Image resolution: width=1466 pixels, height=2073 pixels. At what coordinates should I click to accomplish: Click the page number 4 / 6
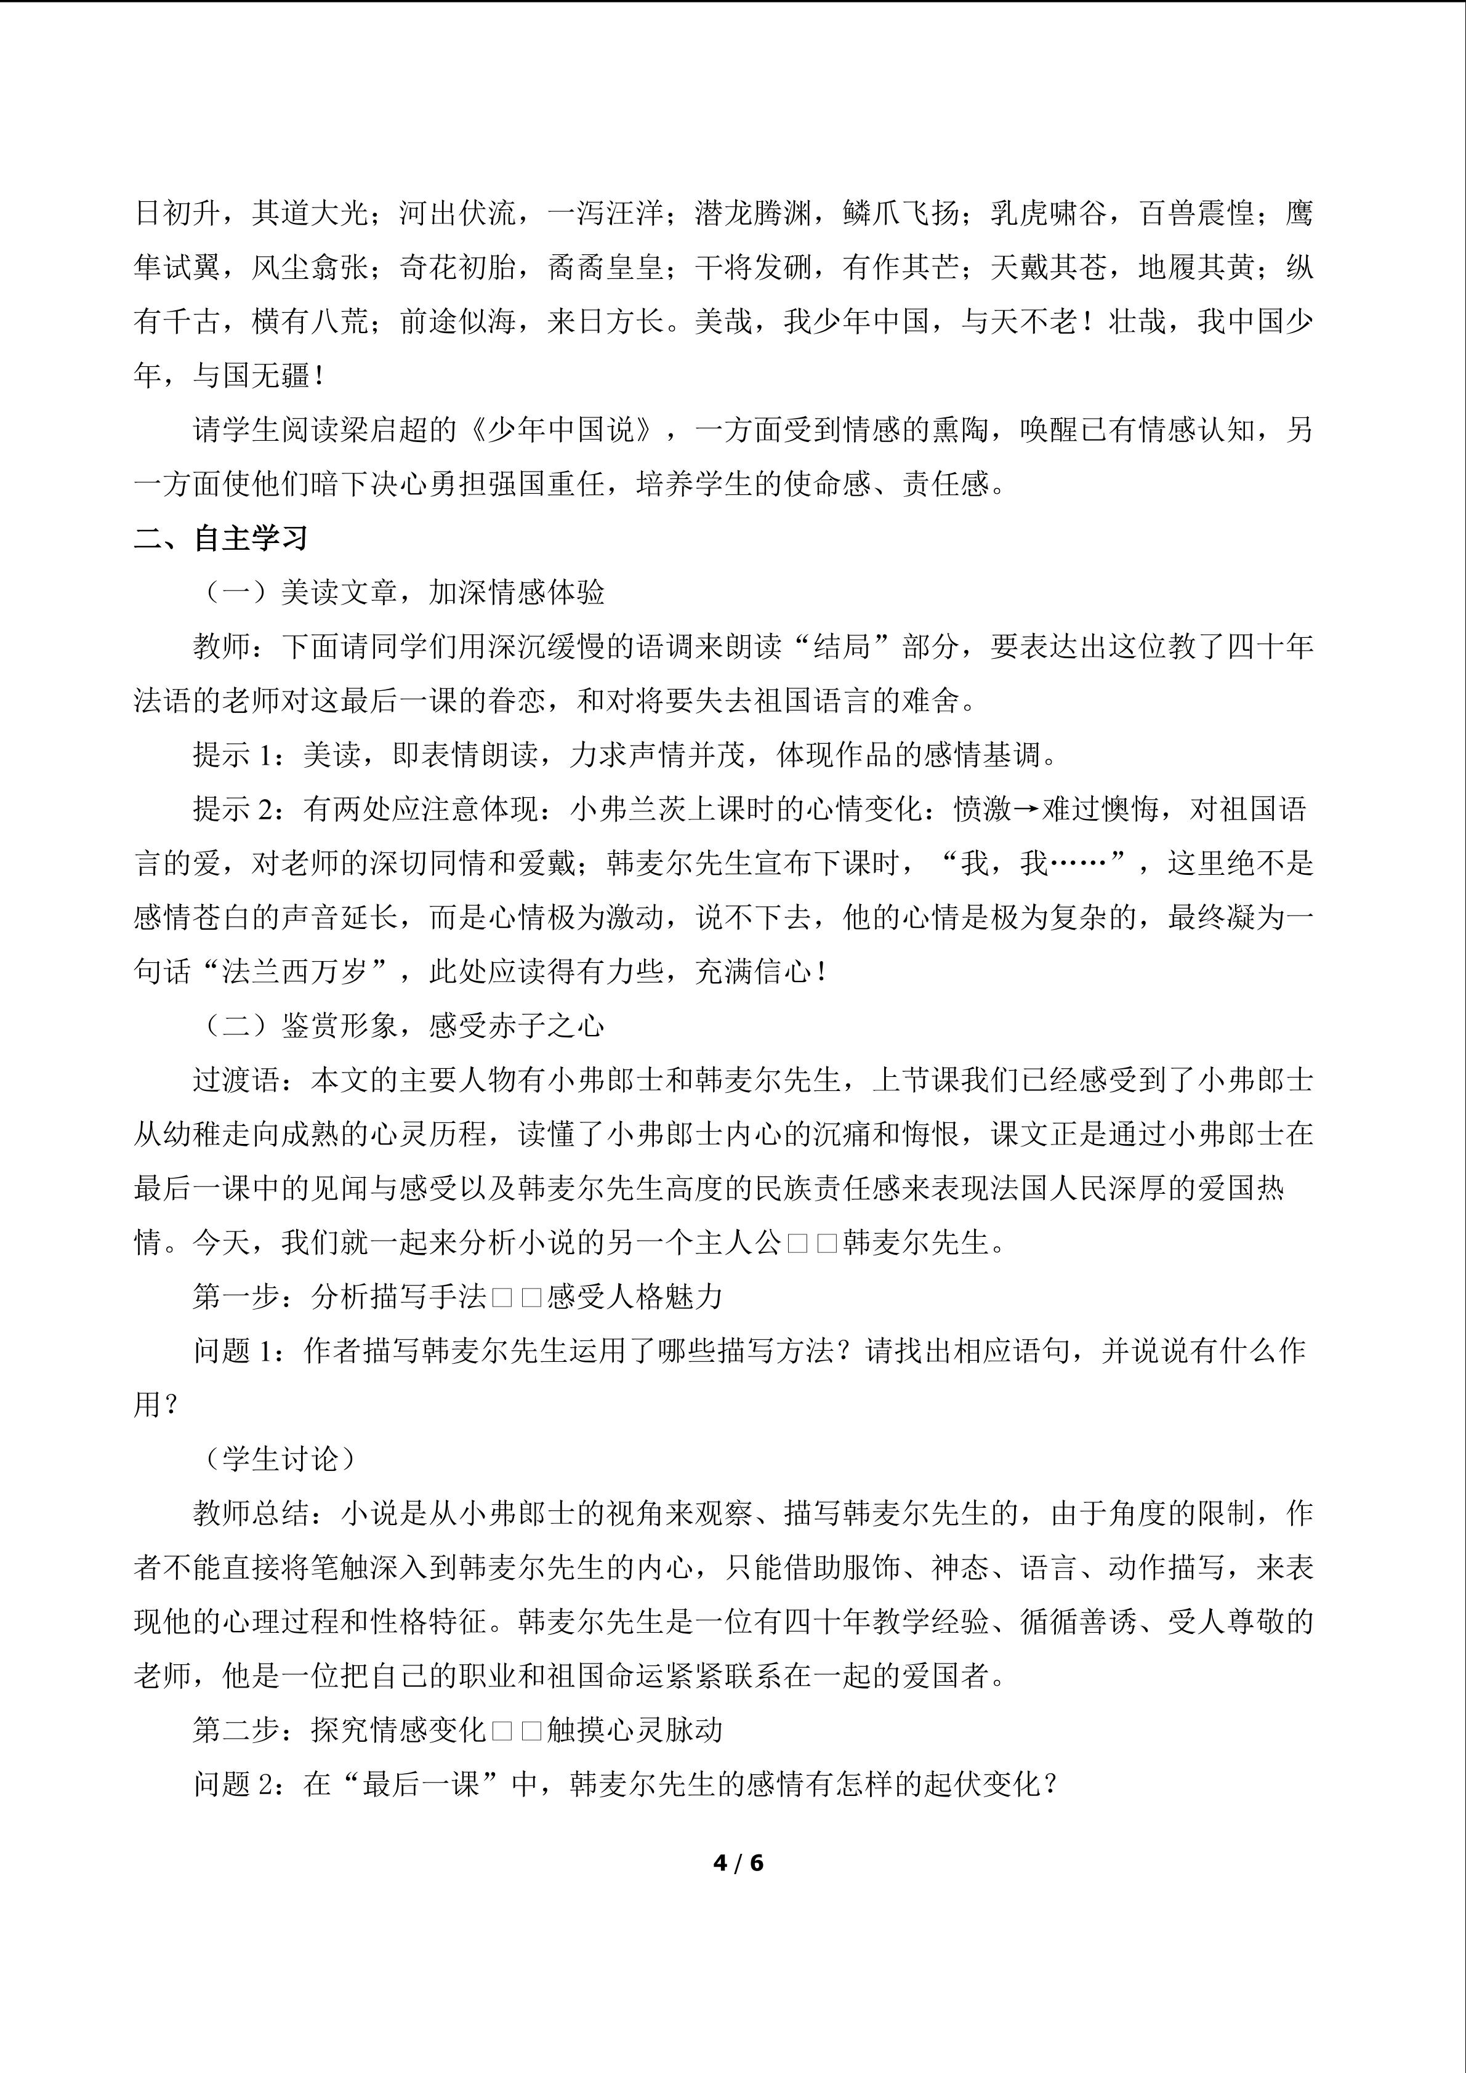(738, 1862)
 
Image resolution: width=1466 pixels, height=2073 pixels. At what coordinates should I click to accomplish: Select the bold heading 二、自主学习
(221, 539)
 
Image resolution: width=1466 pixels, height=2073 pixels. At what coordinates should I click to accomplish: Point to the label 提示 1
(233, 755)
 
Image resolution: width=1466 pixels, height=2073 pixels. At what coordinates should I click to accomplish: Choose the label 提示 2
(233, 809)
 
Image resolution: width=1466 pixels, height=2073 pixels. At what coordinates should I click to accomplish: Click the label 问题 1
(233, 1351)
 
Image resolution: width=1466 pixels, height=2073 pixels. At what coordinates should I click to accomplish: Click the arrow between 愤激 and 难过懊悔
(1026, 810)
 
